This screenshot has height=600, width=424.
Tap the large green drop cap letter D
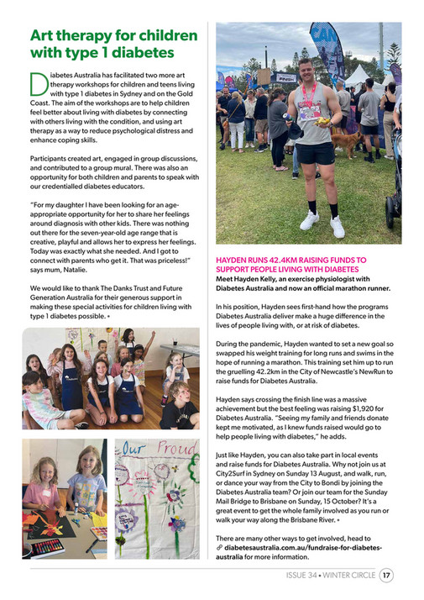tap(39, 84)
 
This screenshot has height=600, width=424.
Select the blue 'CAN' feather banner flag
tap(322, 46)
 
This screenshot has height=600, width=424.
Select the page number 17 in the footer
tap(386, 576)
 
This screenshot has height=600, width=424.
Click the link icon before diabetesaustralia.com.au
tap(219, 547)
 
